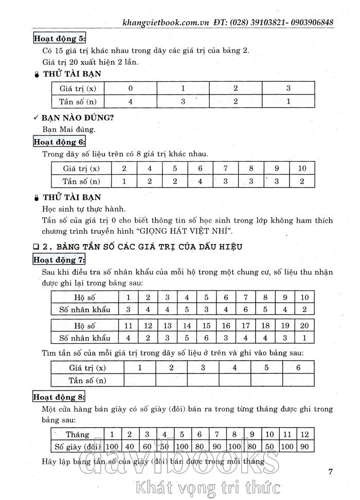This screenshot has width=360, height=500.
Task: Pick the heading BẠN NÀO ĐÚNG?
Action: [78, 118]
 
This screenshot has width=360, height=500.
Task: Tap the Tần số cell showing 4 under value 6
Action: [201, 181]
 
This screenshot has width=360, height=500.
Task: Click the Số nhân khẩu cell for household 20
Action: [304, 338]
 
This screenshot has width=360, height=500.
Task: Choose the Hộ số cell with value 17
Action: [246, 325]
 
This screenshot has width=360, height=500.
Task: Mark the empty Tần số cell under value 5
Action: [266, 380]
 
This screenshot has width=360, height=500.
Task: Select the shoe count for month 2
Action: [130, 447]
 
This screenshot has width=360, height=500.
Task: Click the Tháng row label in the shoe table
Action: [77, 434]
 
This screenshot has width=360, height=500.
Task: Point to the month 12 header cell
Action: [304, 434]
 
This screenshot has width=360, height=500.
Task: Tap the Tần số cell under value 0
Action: [131, 101]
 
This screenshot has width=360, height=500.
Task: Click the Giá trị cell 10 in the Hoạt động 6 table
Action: [302, 168]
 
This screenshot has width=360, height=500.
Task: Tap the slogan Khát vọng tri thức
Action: [205, 486]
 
